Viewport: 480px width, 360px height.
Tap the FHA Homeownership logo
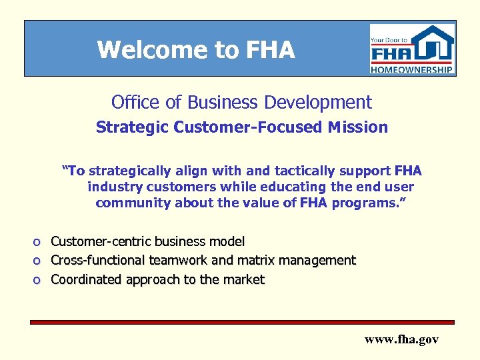(x=412, y=49)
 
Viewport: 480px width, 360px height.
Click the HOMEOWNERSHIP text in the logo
(x=412, y=69)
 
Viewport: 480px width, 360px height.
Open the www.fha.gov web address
(x=401, y=339)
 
